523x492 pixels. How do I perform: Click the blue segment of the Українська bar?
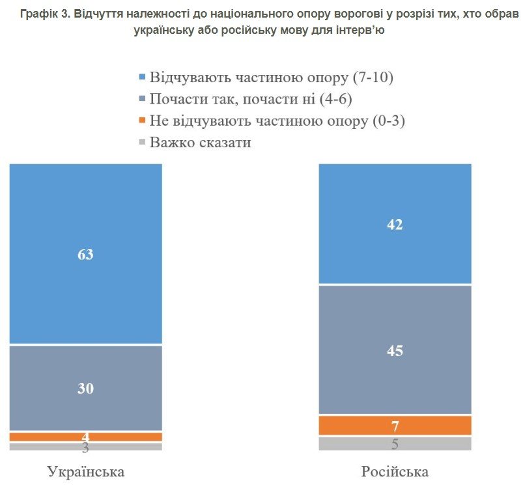click(85, 215)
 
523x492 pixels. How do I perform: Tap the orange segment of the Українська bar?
click(52, 437)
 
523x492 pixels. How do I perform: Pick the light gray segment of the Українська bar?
click(52, 447)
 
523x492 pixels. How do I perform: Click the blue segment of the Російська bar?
click(395, 195)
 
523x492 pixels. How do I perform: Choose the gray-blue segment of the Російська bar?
click(395, 378)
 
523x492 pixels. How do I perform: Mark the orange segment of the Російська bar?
click(365, 426)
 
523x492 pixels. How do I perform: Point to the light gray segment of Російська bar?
click(365, 444)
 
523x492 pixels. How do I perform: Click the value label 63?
click(85, 254)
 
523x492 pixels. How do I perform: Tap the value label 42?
click(395, 225)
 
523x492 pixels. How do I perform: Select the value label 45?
click(395, 351)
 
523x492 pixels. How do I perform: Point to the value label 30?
click(85, 389)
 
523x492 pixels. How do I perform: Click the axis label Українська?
click(85, 471)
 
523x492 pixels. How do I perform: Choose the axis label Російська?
click(395, 471)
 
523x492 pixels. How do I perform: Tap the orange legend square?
click(143, 121)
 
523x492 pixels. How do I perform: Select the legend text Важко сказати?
click(201, 142)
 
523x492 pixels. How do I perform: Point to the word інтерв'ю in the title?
click(359, 30)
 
